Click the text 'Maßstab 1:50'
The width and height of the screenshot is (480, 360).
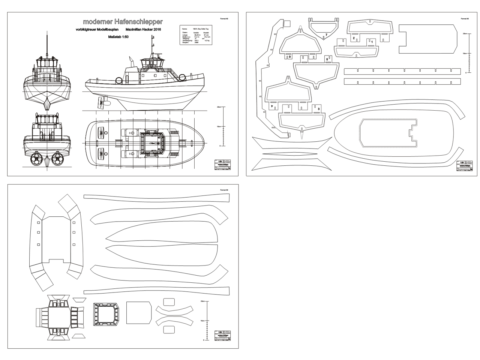point(118,37)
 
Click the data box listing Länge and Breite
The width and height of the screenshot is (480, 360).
point(195,35)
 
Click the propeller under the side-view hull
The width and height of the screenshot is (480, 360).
point(101,102)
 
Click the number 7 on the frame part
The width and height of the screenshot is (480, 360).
point(326,34)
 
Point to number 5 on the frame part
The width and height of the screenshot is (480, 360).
point(327,59)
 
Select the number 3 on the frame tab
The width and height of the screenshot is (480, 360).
point(318,109)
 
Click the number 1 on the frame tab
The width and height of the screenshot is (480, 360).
point(371,41)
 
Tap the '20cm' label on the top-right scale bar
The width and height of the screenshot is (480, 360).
point(464,33)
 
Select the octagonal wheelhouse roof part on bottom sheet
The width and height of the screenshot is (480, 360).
point(106,314)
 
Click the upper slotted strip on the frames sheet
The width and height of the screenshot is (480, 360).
point(402,71)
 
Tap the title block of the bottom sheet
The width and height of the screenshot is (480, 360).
point(222,335)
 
